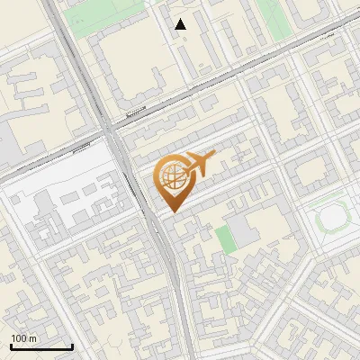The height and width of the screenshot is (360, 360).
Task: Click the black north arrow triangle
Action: point(181,24)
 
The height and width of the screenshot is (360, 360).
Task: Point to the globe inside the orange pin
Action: point(173,175)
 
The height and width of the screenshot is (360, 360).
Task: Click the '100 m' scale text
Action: point(24,338)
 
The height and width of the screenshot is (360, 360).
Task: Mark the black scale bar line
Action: point(41,347)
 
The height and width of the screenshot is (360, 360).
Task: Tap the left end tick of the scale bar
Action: point(11,346)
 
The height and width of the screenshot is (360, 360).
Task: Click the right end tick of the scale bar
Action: point(72,346)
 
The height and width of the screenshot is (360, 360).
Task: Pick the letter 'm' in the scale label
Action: point(33,338)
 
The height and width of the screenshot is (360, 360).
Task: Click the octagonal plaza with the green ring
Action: point(332,216)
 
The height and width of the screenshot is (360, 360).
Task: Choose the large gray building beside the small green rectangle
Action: point(243,229)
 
